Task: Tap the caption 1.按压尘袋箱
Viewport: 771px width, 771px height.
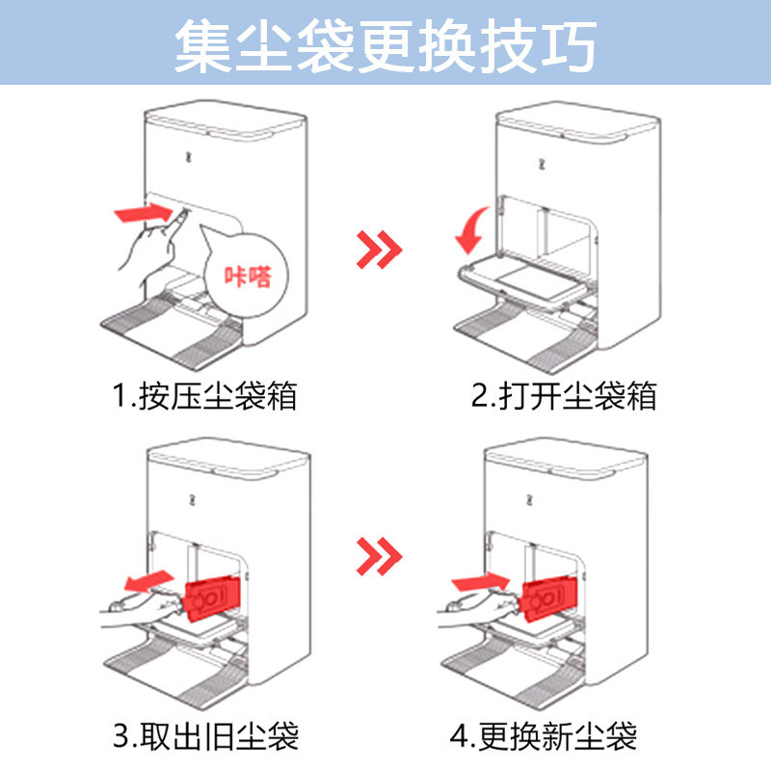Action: tap(204, 395)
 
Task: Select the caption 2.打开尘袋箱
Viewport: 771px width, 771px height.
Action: tap(564, 395)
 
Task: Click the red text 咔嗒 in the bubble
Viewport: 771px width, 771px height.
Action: tap(248, 277)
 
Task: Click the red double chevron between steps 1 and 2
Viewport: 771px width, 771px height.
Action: tap(379, 250)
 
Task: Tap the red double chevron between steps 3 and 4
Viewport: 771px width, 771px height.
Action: tap(379, 556)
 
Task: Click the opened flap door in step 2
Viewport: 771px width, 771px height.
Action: tap(525, 283)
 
